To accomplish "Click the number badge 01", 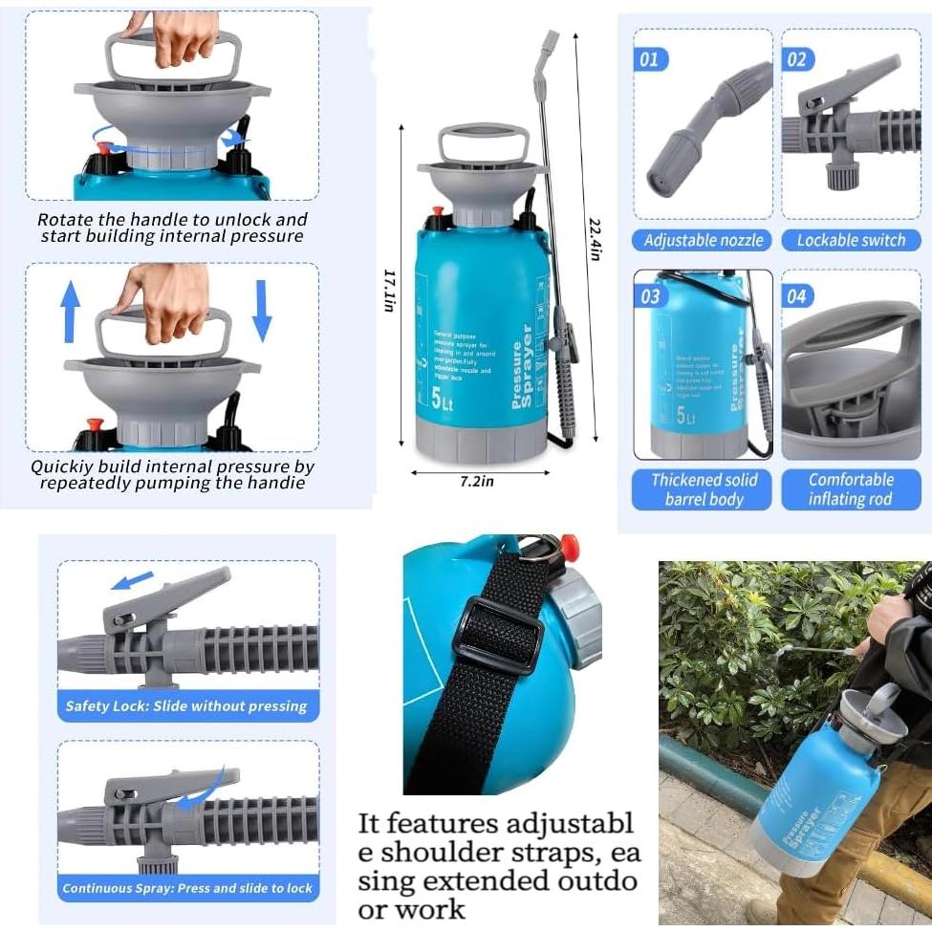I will (x=649, y=60).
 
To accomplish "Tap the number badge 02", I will (x=796, y=60).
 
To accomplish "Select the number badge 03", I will (x=650, y=296).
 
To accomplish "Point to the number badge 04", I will (x=796, y=296).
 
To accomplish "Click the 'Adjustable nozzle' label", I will (x=703, y=241).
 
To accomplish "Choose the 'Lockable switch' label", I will (x=851, y=241).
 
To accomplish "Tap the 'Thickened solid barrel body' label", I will (x=703, y=489).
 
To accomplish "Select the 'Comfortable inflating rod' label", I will (x=851, y=489).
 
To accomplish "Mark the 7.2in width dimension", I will (x=477, y=482).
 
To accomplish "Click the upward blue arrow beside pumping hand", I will (x=70, y=312).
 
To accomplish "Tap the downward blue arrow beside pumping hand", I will (x=262, y=312).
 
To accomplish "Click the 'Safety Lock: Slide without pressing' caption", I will (x=186, y=706).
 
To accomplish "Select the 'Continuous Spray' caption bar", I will (x=187, y=888).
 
